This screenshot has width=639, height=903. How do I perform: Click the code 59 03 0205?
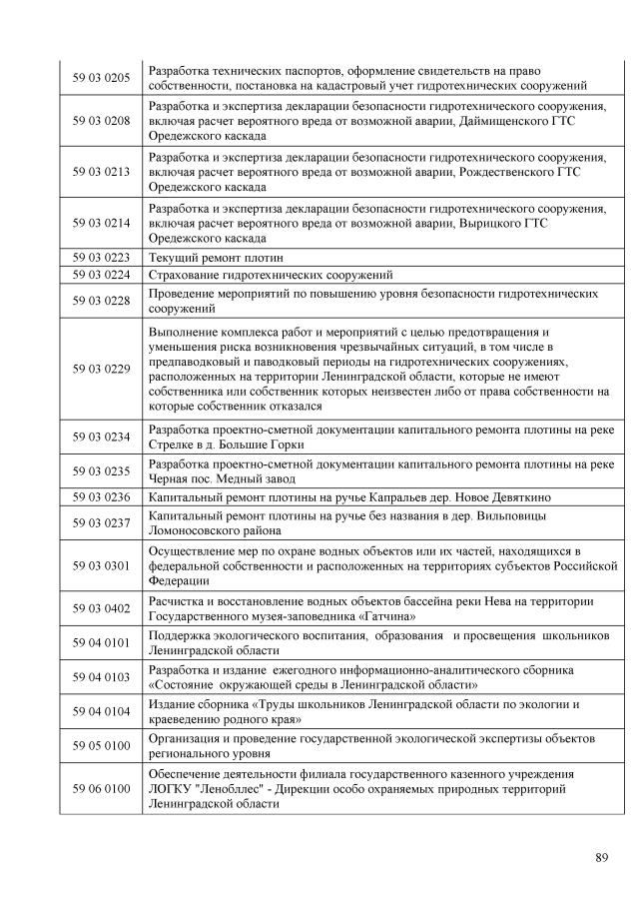click(x=101, y=78)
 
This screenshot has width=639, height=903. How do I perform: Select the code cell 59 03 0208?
click(x=101, y=121)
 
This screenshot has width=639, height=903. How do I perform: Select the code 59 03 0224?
click(x=101, y=274)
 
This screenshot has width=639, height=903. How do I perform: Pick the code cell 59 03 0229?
click(x=101, y=369)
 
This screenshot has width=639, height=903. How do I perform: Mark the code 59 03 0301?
click(x=101, y=565)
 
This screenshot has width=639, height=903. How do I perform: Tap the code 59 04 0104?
click(x=101, y=712)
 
